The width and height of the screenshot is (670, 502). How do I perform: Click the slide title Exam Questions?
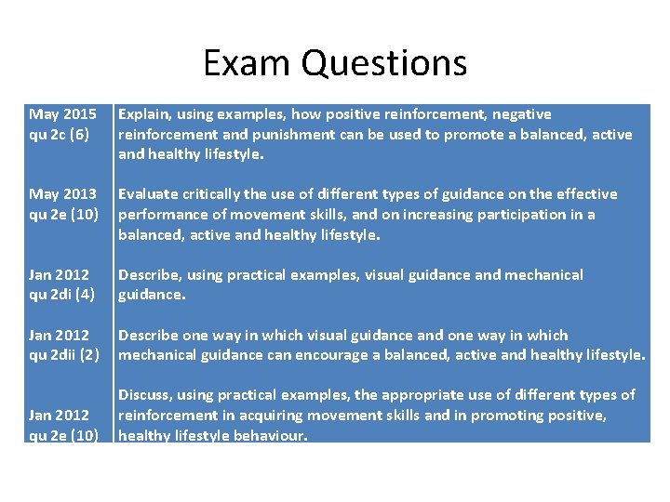tap(335, 63)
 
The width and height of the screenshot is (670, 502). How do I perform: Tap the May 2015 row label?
tap(63, 114)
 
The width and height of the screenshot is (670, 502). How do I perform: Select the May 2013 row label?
tap(63, 194)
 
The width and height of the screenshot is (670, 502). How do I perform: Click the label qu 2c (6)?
tap(60, 134)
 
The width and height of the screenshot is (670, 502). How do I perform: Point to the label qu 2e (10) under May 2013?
tap(63, 214)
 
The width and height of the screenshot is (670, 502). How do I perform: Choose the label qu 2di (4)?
tap(61, 295)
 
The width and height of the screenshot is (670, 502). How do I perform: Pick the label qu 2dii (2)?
tap(64, 355)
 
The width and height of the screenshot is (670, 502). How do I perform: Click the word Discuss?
tap(144, 395)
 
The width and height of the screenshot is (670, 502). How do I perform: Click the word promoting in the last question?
tap(507, 416)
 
